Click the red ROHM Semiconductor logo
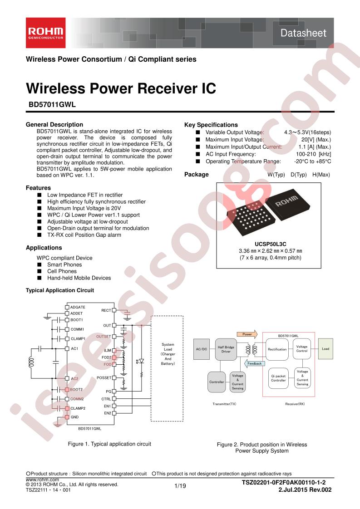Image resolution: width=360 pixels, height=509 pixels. (x=46, y=33)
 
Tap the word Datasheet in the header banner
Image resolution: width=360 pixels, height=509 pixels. (x=303, y=33)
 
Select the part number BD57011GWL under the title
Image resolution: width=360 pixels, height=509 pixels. (x=52, y=104)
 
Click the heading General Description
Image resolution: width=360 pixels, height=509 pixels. (x=54, y=124)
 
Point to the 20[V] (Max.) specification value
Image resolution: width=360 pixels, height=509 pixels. (x=316, y=140)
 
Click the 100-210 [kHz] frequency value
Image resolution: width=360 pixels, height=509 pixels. (x=314, y=154)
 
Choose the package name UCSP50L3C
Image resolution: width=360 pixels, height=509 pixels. (x=270, y=244)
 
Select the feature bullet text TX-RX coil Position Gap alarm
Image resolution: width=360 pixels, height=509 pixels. (x=84, y=235)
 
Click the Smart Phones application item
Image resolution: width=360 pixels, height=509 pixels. (x=64, y=264)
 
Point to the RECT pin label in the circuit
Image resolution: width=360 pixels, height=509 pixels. (x=106, y=310)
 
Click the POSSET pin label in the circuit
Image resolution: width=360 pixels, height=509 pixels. (x=104, y=378)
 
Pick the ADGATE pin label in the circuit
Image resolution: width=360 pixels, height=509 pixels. (x=78, y=307)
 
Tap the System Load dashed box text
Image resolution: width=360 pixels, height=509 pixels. (x=168, y=354)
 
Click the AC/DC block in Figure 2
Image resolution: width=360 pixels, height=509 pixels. (x=202, y=349)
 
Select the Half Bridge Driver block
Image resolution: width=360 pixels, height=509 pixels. (x=226, y=349)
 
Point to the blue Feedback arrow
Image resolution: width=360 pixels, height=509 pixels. (x=254, y=363)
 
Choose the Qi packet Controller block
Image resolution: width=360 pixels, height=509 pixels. (x=278, y=378)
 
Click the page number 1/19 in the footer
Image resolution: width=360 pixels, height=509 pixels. (x=180, y=486)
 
